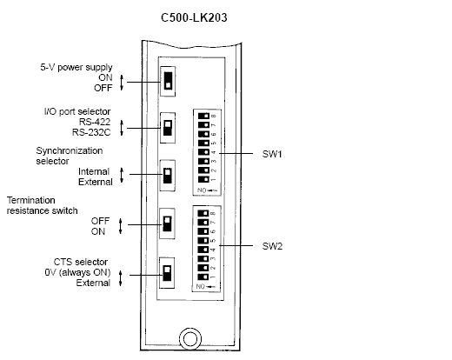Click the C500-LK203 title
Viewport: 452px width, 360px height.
point(194,17)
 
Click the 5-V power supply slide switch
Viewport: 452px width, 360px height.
point(168,81)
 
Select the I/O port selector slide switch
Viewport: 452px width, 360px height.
point(168,128)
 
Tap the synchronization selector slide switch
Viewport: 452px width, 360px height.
point(168,176)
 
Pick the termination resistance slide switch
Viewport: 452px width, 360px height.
point(167,223)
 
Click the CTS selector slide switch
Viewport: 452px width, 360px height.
point(167,273)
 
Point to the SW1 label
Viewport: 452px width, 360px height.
point(272,154)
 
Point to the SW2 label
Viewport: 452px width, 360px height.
point(272,246)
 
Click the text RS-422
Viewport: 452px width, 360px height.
point(95,122)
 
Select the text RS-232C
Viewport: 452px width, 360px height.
point(91,132)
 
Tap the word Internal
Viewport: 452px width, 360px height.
point(94,171)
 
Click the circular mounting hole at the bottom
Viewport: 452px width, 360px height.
point(190,339)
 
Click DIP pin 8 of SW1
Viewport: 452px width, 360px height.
point(203,116)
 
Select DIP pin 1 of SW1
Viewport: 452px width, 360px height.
point(203,179)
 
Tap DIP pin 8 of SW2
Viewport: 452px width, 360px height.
point(203,213)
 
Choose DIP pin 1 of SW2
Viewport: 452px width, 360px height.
point(203,277)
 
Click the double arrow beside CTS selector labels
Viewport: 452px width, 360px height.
point(121,278)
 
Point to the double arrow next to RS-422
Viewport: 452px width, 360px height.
point(122,128)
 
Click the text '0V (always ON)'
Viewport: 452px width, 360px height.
point(77,272)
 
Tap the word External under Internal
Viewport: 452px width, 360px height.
point(96,182)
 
